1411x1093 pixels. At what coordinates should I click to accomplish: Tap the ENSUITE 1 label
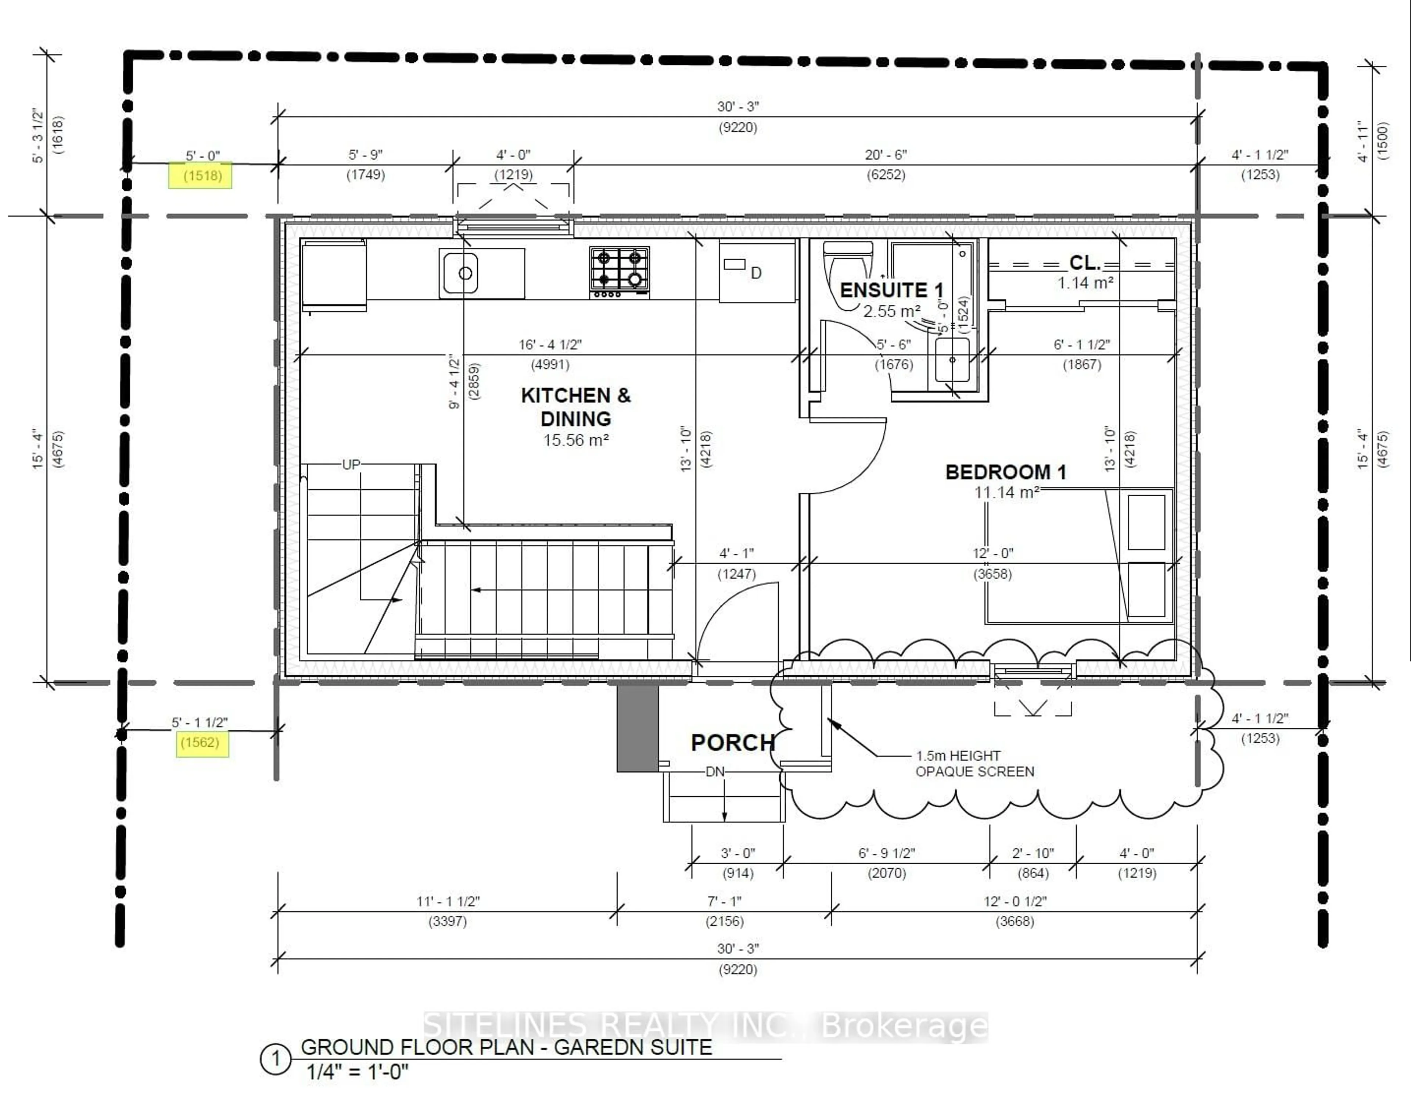point(891,290)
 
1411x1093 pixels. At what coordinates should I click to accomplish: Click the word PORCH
point(733,743)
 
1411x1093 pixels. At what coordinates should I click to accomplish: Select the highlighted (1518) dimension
point(202,175)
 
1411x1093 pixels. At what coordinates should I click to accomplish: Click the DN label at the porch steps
point(715,772)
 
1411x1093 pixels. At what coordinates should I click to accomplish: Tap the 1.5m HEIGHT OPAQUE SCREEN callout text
point(974,763)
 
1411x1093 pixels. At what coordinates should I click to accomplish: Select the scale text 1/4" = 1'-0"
point(357,1072)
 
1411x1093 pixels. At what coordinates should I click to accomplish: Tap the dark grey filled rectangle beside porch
point(637,728)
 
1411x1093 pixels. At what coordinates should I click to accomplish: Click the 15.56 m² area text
point(576,440)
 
